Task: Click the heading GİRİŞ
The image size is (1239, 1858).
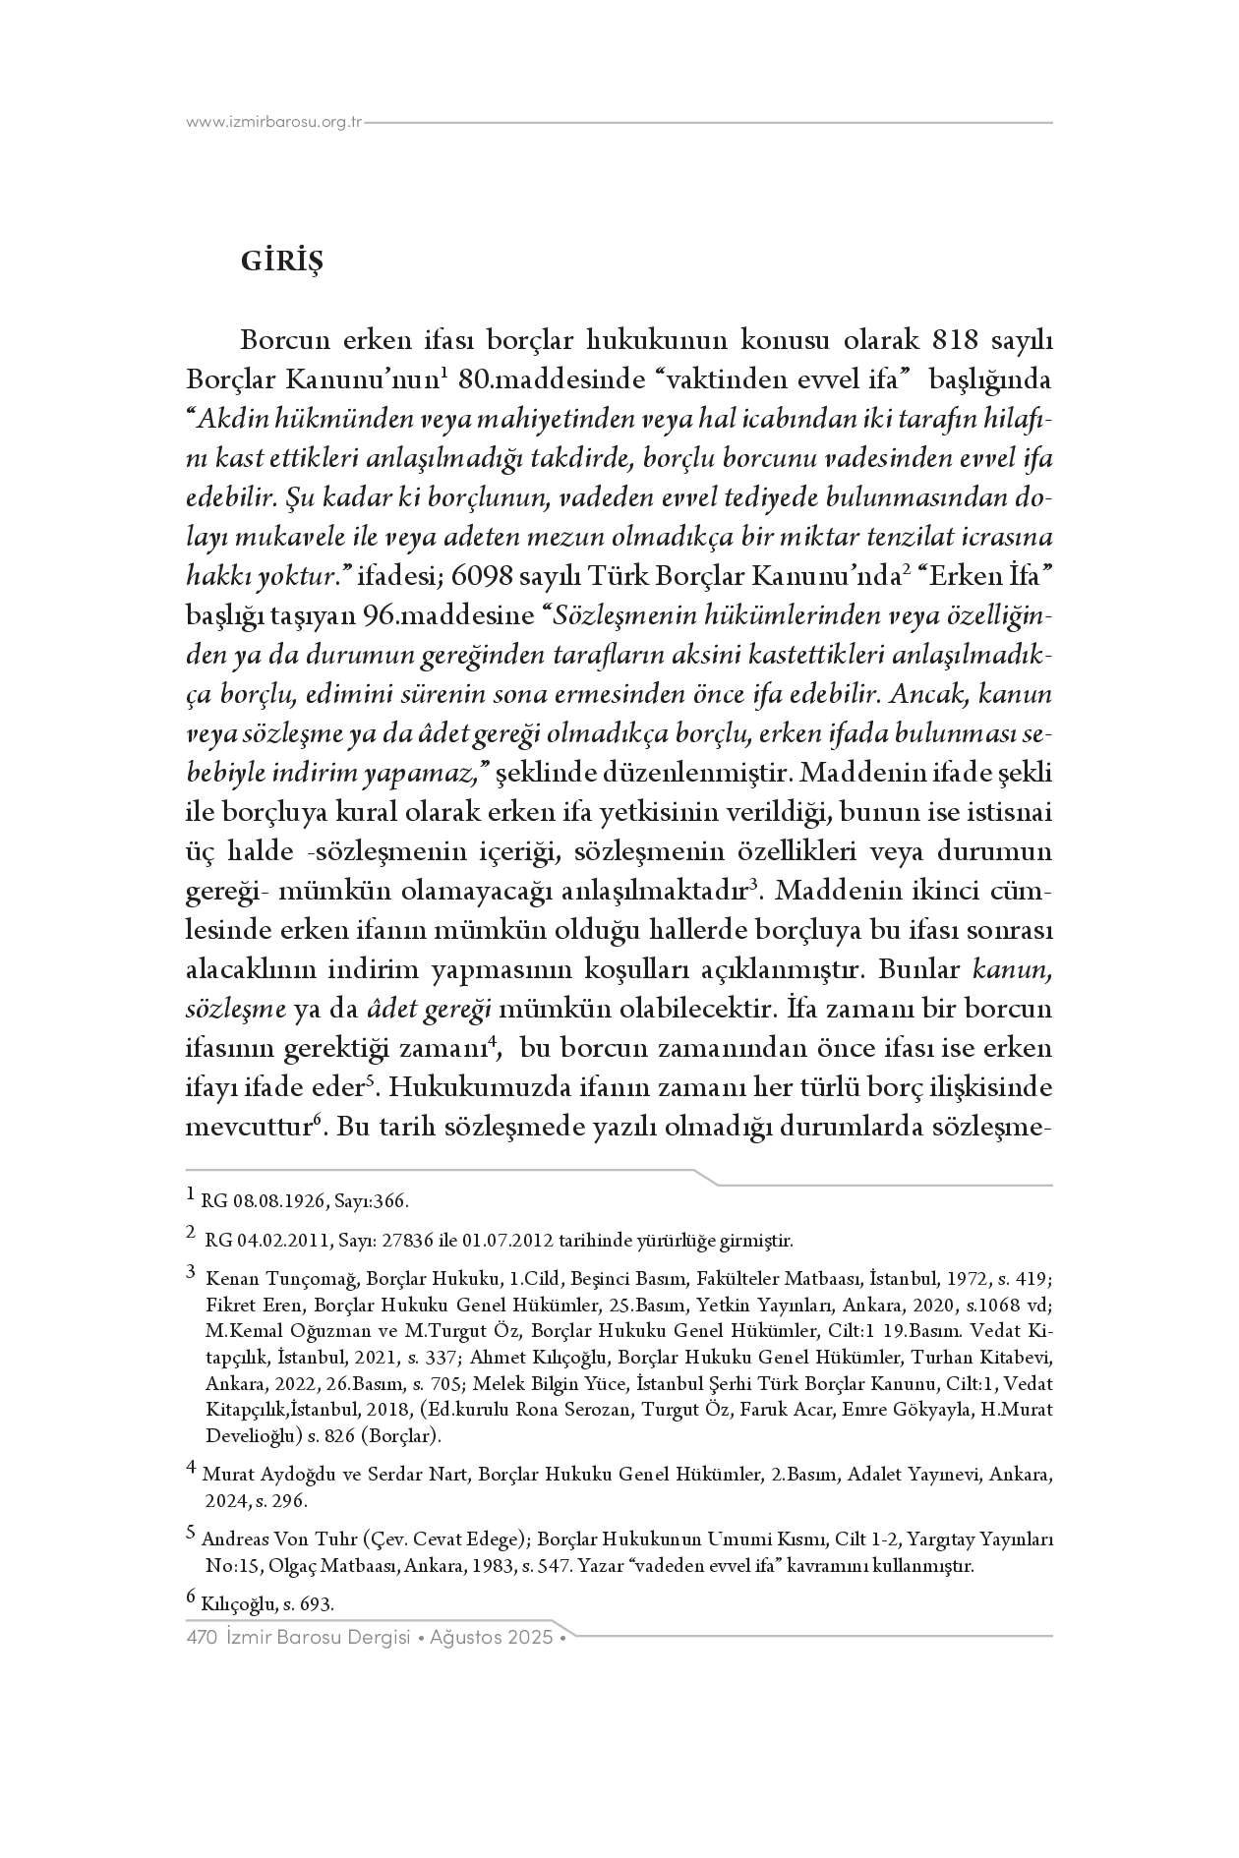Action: pos(281,263)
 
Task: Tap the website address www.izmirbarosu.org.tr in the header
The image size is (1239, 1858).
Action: pos(275,123)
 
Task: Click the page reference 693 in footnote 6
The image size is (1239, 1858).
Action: pos(320,1604)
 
